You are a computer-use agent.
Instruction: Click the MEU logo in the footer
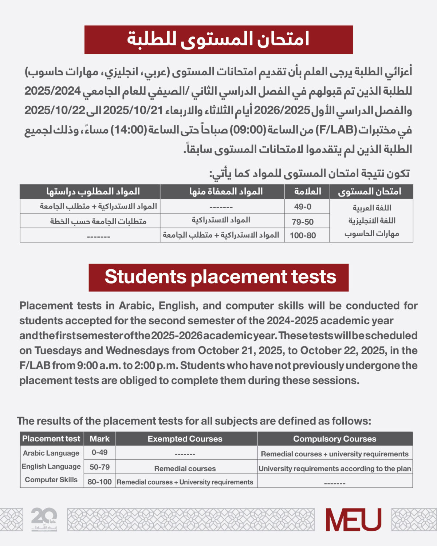(353, 520)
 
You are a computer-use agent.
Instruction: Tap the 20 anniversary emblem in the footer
(44, 519)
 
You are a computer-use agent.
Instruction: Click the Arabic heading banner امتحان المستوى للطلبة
(219, 40)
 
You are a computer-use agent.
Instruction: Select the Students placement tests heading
(219, 277)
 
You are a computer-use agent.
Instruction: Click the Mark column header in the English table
(99, 439)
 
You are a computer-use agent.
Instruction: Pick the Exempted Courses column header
(185, 439)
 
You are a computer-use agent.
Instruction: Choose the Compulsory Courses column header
(335, 439)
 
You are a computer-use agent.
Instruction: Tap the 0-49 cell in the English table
(99, 452)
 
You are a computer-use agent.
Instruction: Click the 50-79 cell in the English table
(99, 467)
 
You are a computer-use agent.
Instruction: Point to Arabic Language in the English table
(51, 453)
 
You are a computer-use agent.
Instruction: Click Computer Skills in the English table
(51, 480)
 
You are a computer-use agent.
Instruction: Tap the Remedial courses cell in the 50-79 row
(185, 469)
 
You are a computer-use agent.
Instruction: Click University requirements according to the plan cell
(335, 469)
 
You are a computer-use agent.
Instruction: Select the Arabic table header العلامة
(307, 191)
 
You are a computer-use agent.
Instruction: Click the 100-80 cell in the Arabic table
(303, 236)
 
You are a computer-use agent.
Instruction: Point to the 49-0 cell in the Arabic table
(303, 207)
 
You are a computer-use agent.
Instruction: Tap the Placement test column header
(51, 439)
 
